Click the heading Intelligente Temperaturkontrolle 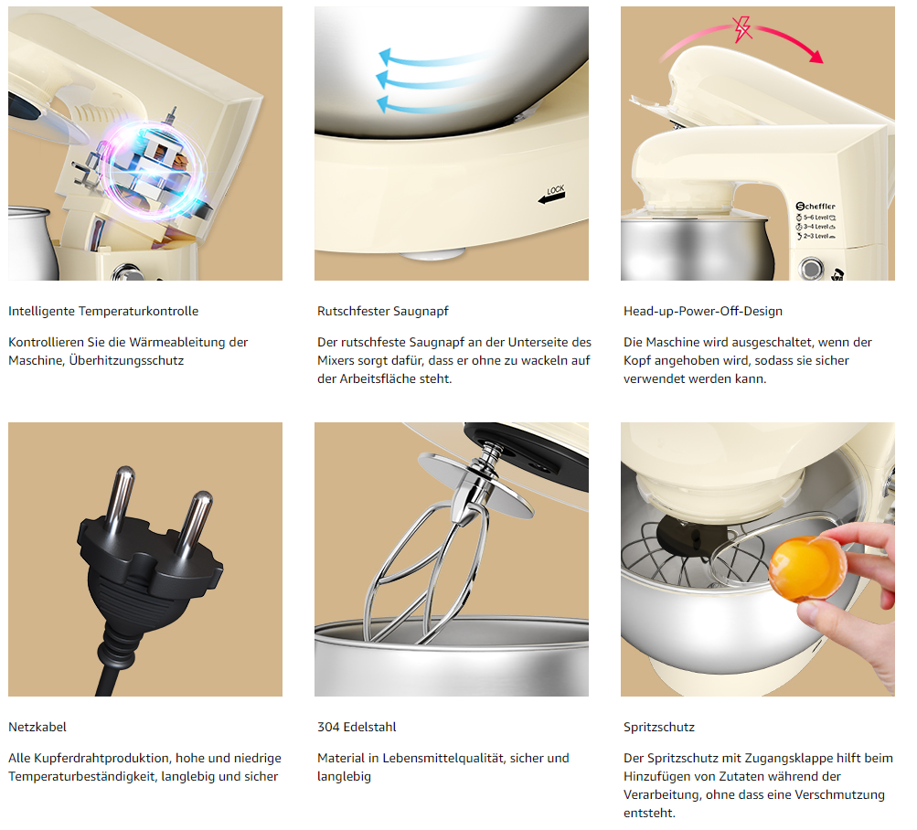(103, 311)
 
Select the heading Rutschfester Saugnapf (383, 311)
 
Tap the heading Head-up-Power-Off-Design (703, 311)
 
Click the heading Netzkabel (37, 727)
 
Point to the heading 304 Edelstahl (357, 727)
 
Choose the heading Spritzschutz (659, 727)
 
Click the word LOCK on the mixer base (556, 189)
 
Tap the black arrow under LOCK (551, 199)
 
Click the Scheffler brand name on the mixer (816, 206)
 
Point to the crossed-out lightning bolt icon (742, 28)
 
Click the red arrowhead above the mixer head (816, 56)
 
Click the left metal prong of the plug (121, 497)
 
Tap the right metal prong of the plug (196, 523)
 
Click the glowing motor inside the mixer (154, 170)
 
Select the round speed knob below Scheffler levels (811, 269)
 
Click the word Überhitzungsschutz (126, 360)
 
